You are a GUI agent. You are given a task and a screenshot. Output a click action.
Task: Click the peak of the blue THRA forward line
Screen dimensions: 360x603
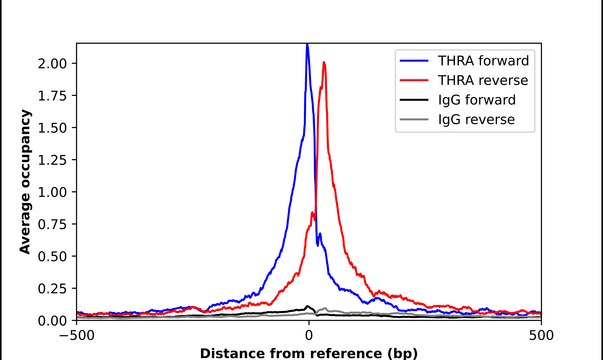[x=307, y=45]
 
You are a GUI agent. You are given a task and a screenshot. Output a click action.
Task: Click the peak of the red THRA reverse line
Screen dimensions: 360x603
[x=324, y=63]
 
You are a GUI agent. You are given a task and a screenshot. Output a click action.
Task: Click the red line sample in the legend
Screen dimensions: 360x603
[x=416, y=79]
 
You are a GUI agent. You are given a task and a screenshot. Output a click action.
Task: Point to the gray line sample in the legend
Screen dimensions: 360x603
[x=416, y=121]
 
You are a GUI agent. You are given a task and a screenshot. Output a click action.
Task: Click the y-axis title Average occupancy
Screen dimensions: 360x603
[x=25, y=182]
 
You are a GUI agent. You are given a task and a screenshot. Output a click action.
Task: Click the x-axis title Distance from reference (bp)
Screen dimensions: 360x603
[x=308, y=352]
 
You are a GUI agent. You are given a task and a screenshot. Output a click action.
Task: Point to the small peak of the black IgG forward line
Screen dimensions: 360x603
[x=308, y=307]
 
